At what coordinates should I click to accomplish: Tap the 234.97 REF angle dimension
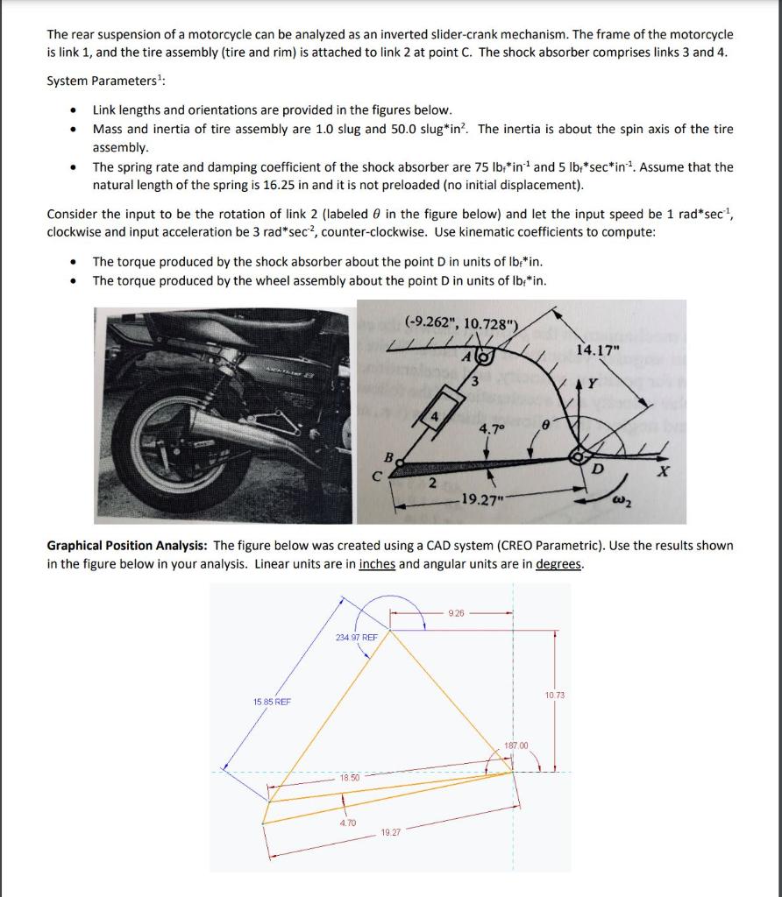click(356, 637)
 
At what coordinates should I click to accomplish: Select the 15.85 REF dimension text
click(273, 702)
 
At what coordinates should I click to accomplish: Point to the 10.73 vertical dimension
click(554, 695)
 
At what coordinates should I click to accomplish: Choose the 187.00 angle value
click(516, 745)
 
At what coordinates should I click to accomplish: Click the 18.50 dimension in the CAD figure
click(350, 777)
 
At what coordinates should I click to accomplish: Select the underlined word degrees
click(558, 563)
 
